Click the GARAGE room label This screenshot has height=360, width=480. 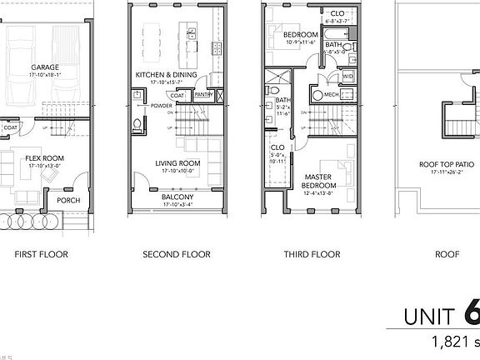click(x=45, y=67)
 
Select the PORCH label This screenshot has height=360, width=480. click(x=67, y=201)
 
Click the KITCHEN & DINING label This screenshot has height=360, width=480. click(x=166, y=74)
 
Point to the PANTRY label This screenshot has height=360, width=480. click(x=202, y=95)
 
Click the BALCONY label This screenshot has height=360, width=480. click(x=178, y=197)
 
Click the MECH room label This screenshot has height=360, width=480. click(x=331, y=94)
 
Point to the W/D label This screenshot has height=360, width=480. click(x=347, y=76)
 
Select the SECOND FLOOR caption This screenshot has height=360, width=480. click(x=177, y=254)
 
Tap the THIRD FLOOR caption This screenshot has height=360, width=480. click(x=312, y=254)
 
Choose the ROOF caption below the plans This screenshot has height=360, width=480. click(x=447, y=254)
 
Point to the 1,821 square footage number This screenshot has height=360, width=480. click(x=451, y=341)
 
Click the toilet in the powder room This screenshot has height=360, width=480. click(x=137, y=126)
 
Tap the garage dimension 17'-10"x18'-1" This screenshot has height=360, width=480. click(x=45, y=75)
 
